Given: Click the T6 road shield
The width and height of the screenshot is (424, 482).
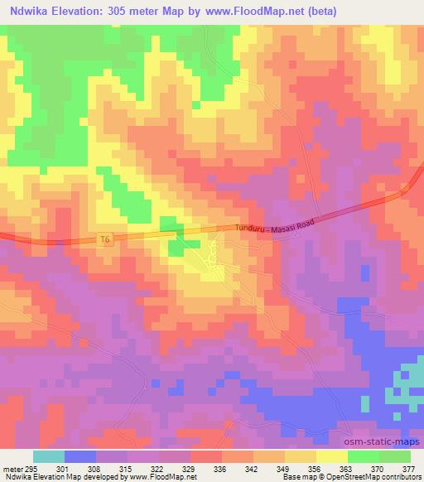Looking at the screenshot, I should pos(104,239).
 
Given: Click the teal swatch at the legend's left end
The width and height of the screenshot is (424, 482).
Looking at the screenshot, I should pos(49,456).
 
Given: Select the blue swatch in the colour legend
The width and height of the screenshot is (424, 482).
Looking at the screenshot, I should pos(80,456).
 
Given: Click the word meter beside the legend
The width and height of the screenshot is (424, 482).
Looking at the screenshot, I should pos(11,469).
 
